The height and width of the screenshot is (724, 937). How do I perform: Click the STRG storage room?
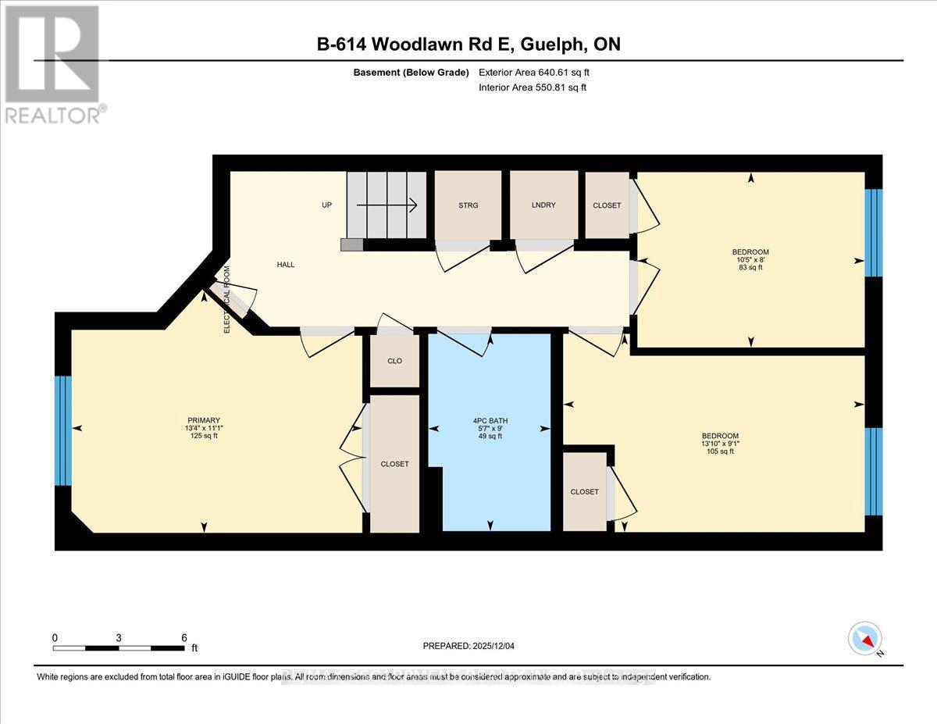[468, 205]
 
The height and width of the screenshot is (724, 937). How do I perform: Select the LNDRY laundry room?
[543, 205]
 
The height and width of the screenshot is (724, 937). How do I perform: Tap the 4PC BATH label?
[490, 421]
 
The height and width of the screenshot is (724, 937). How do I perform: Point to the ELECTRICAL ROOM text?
[227, 300]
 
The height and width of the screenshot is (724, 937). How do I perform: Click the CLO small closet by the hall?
[394, 361]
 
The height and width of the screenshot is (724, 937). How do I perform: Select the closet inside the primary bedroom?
[394, 464]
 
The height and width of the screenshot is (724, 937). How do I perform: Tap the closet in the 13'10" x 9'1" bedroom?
[584, 491]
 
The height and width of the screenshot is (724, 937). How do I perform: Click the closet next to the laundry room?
[607, 205]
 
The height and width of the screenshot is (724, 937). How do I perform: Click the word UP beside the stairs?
[327, 205]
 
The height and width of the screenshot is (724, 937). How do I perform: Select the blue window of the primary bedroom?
[63, 430]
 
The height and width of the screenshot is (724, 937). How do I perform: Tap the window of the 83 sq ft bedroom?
[873, 232]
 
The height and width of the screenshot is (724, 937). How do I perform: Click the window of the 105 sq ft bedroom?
[873, 471]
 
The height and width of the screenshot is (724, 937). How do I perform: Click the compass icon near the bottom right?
[865, 638]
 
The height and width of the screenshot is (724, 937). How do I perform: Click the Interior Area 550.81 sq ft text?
[532, 87]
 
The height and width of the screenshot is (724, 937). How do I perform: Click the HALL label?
[286, 265]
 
